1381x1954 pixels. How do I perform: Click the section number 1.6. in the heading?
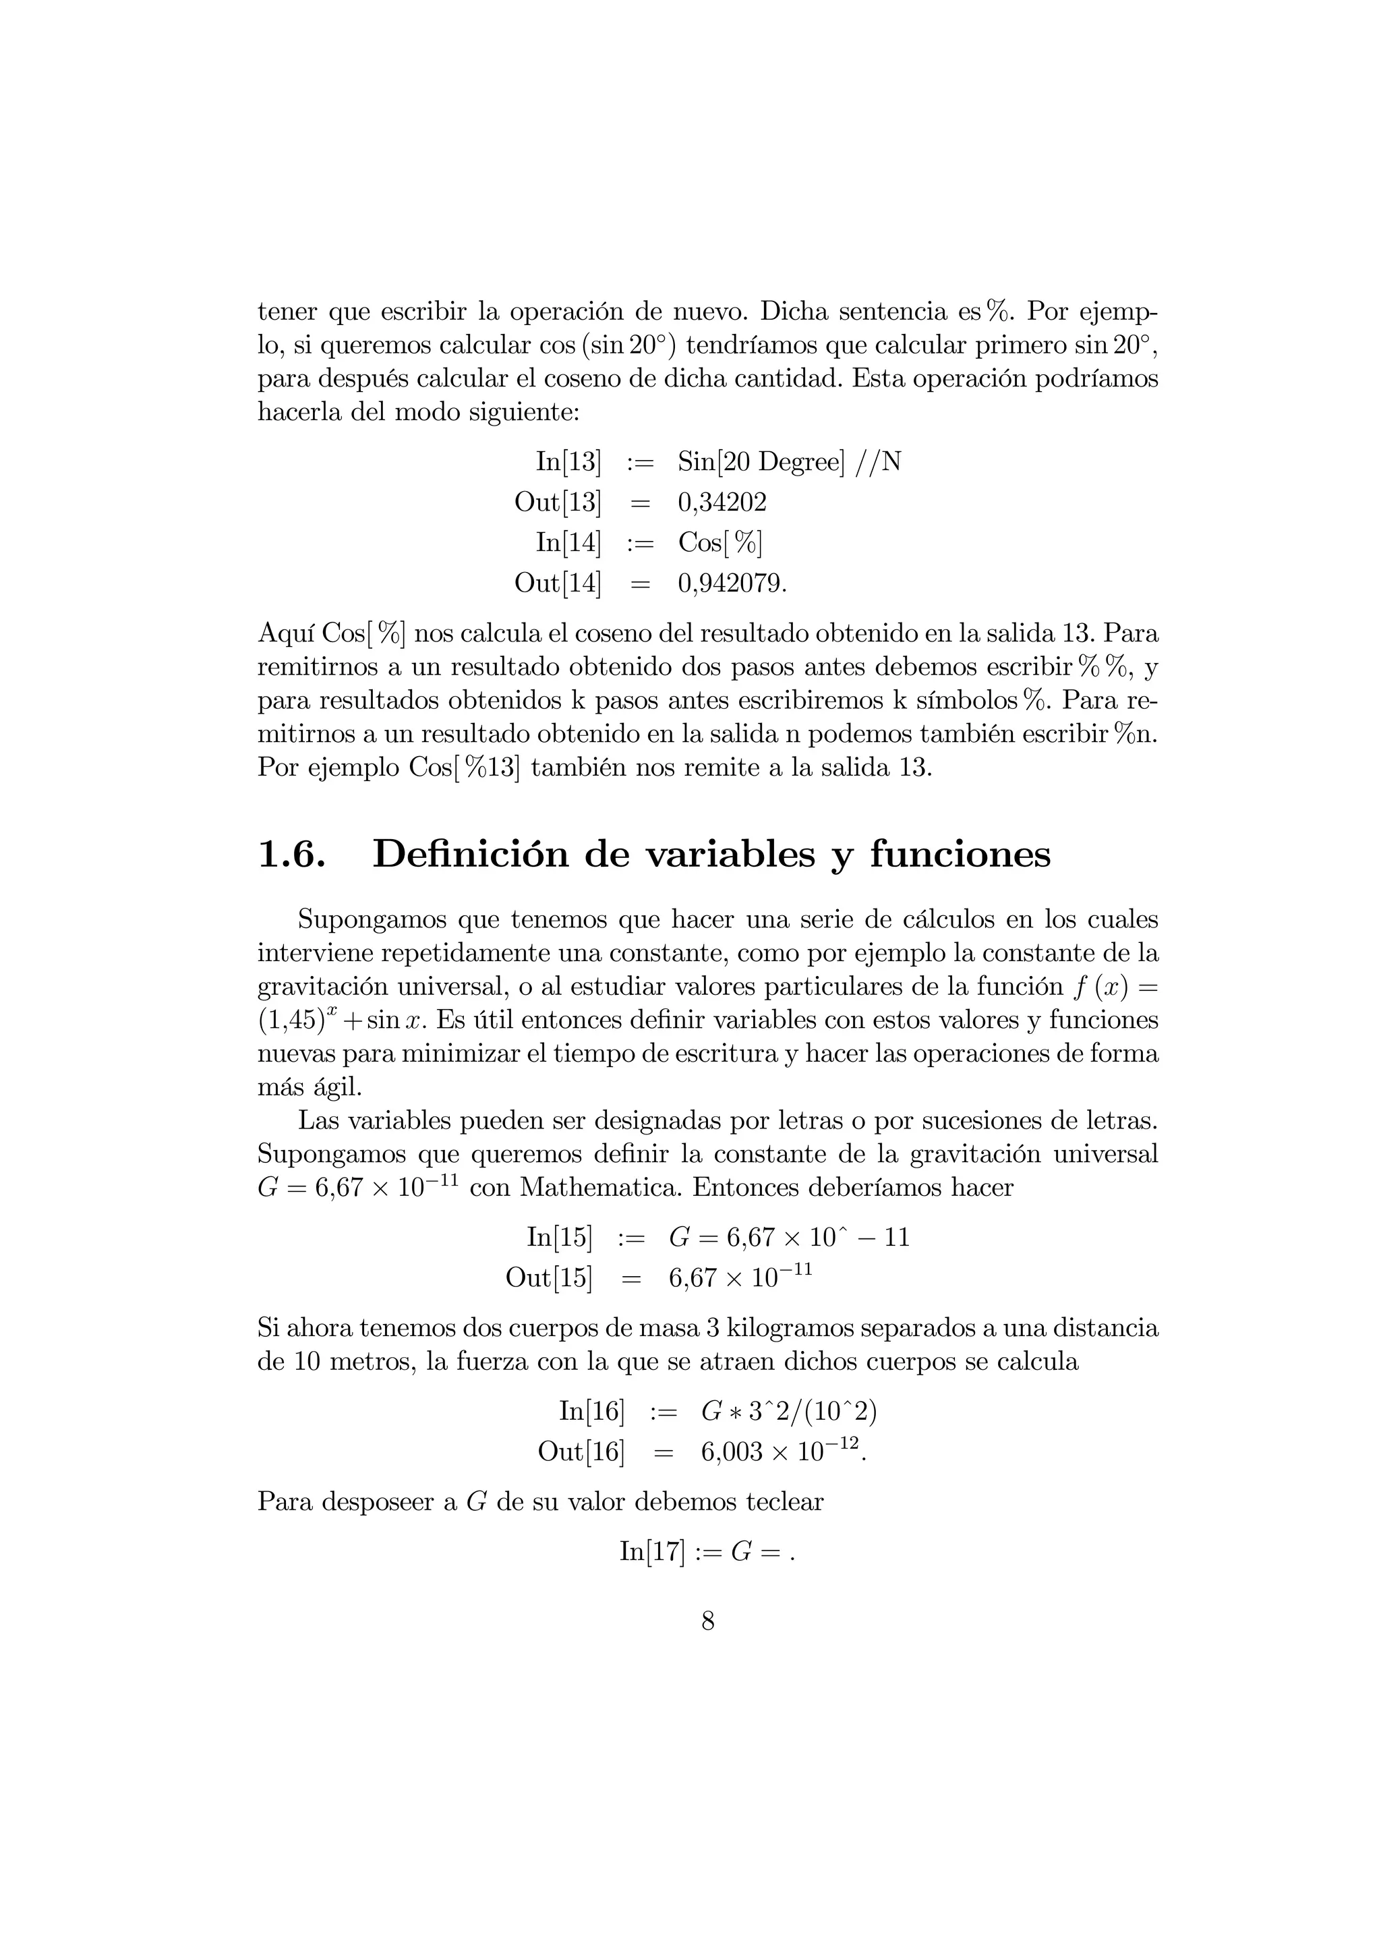(291, 854)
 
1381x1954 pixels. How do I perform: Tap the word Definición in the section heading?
(471, 854)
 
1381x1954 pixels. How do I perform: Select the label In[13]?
(568, 462)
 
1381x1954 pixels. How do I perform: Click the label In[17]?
(652, 1551)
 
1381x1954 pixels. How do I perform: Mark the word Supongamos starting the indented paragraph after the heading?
(371, 920)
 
